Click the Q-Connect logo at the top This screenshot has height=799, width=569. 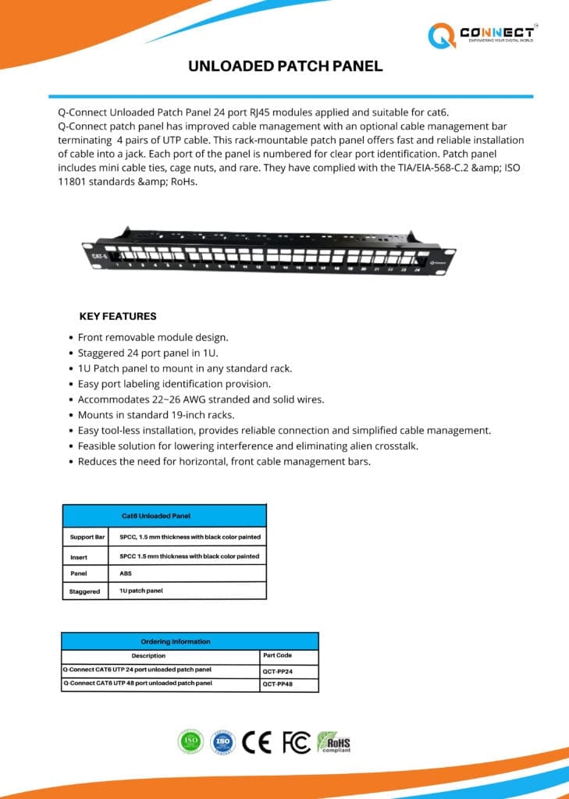pyautogui.click(x=480, y=34)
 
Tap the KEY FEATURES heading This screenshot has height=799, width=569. pyautogui.click(x=118, y=317)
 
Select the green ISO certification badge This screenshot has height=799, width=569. pyautogui.click(x=190, y=741)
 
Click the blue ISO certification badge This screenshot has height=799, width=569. pyautogui.click(x=222, y=741)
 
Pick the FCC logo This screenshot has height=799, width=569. pyautogui.click(x=296, y=741)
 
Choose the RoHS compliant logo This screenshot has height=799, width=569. pyautogui.click(x=333, y=741)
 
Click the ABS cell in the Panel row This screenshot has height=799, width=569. pyautogui.click(x=126, y=574)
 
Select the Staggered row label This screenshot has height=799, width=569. pyautogui.click(x=84, y=591)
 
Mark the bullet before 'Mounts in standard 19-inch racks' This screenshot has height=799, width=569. pyautogui.click(x=69, y=415)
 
